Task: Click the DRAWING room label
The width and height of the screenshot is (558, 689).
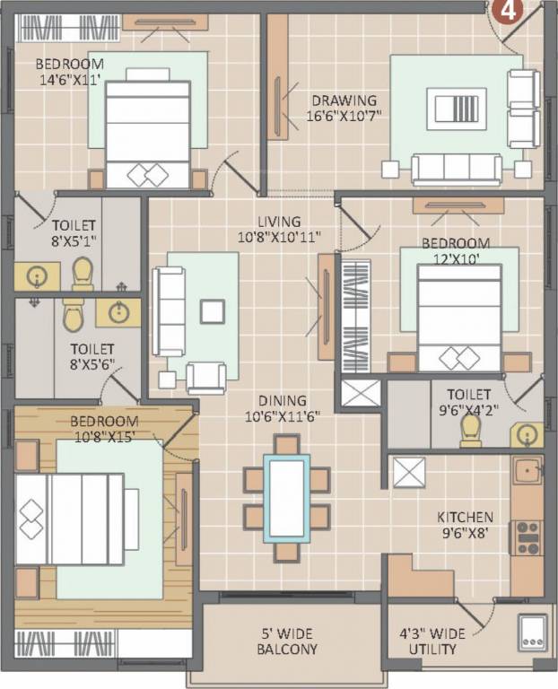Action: coord(344,100)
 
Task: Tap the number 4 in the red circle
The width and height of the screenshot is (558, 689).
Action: coord(509,10)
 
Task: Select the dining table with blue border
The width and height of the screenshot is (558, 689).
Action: coord(286,498)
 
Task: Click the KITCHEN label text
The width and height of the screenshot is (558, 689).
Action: coord(465,517)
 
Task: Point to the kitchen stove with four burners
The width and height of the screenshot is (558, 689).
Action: coord(527,537)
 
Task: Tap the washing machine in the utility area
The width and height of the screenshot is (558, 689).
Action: coord(533,632)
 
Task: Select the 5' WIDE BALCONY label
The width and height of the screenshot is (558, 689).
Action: coord(287,641)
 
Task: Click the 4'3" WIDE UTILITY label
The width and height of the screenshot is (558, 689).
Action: coord(432,641)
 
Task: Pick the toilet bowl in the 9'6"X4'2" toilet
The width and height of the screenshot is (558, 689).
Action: coord(470,431)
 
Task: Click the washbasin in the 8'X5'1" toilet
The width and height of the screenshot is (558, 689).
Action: coord(38,276)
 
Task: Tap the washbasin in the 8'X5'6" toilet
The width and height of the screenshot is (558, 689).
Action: coord(118,313)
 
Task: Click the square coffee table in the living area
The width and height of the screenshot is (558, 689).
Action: coord(213,311)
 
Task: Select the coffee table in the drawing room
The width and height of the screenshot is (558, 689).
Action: coord(457,109)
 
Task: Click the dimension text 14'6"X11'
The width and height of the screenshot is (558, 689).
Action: coord(70,81)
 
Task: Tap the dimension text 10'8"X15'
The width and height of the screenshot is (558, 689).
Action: coord(105,437)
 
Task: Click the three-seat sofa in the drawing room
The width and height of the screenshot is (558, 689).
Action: coord(457,170)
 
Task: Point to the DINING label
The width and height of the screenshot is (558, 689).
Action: coord(283,401)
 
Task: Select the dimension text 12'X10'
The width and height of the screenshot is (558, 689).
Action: coord(456,259)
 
